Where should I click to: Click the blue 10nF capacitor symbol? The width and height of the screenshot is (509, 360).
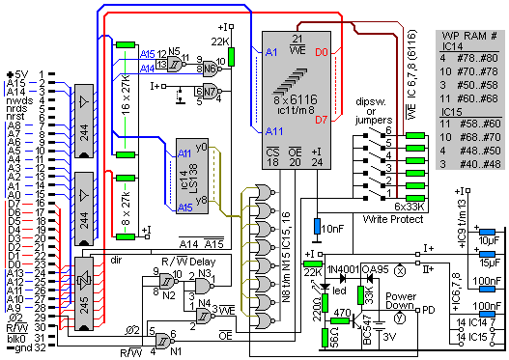pos(317,229)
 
